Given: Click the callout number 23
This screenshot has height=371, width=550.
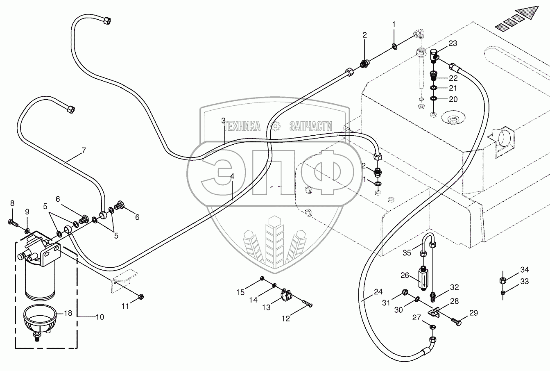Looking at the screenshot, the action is pos(453,43).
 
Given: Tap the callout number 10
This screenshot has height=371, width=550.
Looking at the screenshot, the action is pos(100,317).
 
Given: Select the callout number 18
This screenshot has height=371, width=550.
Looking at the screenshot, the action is pos(68,313).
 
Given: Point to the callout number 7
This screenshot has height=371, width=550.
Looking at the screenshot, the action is pos(84,150).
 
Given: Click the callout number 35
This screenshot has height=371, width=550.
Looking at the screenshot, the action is pos(407,253).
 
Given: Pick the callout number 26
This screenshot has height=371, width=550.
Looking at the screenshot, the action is pos(405,275).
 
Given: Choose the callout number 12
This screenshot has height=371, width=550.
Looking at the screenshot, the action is pos(285,319).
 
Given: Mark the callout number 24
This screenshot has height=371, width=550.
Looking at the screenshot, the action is pos(378,292).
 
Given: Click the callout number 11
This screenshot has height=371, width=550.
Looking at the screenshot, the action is pos(125,306).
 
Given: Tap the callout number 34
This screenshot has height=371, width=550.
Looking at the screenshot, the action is pos(525,270).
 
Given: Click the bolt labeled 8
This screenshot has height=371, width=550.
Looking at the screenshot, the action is pos(13,223).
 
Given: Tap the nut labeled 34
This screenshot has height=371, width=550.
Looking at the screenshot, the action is pos(502,280).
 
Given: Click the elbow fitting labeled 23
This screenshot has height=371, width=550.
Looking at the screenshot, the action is pos(435,56).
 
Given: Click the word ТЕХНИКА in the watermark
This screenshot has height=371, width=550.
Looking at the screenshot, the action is pos(242,126).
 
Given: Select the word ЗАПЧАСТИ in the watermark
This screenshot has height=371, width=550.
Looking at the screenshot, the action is pos(311,126).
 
